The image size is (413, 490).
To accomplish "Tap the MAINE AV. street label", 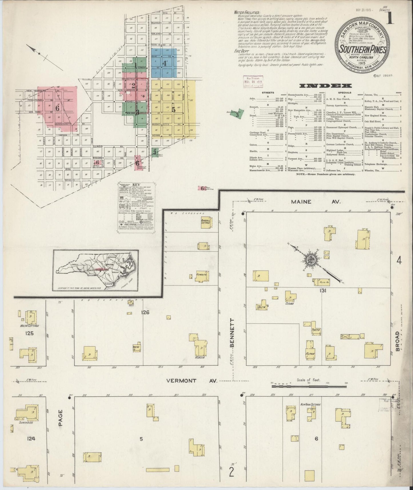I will coord(315,202).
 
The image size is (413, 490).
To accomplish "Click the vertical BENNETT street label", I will coord(232,333).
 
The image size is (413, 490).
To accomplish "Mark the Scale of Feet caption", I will coord(308,380).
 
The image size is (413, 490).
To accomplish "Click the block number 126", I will coord(145,312).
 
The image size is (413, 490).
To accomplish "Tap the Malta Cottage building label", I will coord(29,326).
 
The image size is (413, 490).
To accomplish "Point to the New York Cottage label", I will coord(310,405).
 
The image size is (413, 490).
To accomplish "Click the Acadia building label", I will coord(200,357).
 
